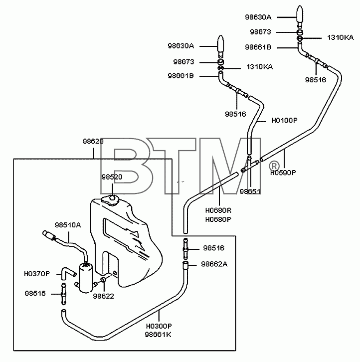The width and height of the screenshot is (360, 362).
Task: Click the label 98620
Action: pos(93,141)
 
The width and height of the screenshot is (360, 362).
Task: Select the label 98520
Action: pos(112,177)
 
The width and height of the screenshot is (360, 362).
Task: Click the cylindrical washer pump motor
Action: pos(85,278)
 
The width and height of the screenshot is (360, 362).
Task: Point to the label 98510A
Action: pos(68,225)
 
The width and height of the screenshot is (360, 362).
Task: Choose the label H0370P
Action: pos(37,274)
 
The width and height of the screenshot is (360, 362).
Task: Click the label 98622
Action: pos(103,296)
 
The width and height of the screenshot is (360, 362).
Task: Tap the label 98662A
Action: pos(214,264)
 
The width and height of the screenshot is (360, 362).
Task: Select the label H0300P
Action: pos(159,326)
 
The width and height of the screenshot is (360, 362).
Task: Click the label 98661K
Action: pos(158,335)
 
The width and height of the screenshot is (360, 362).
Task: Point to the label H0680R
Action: pos(218,210)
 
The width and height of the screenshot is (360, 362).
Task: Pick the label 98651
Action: pos(250,191)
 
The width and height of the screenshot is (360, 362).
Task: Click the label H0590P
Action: pos(283,173)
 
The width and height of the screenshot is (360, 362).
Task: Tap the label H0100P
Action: pos(285,120)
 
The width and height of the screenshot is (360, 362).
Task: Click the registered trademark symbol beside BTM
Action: pos(274,166)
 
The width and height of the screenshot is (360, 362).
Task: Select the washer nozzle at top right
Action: pos(300,16)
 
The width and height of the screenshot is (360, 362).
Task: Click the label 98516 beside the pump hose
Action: pos(35,293)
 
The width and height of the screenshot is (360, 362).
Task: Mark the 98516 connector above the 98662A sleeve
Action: pos(185,249)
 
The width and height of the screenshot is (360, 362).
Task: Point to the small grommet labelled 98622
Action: pos(103,280)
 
